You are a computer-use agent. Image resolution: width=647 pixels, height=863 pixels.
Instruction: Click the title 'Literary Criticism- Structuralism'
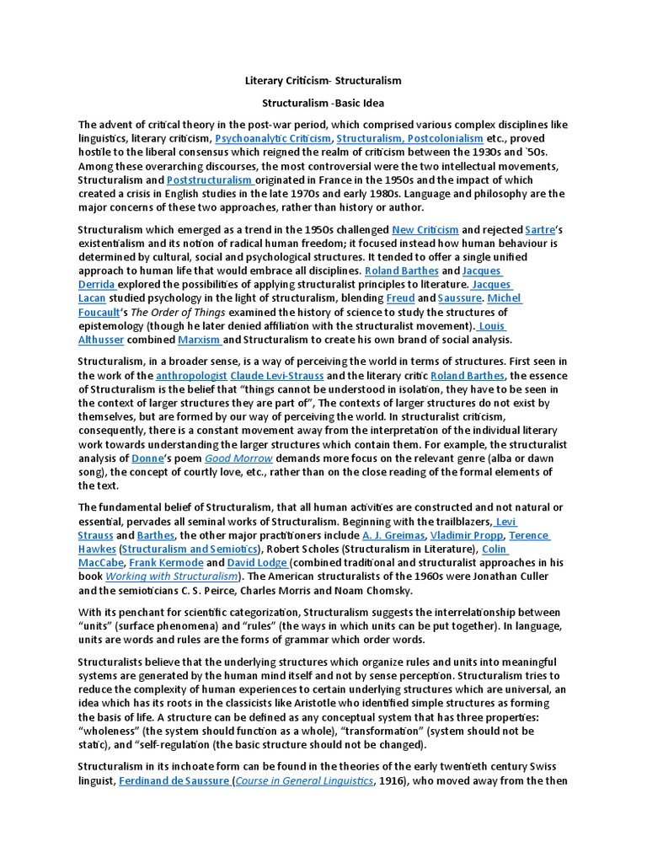pos(323,81)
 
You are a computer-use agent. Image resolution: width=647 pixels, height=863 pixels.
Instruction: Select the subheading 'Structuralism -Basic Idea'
pos(323,104)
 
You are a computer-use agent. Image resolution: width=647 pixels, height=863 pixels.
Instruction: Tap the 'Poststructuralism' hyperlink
pos(211,180)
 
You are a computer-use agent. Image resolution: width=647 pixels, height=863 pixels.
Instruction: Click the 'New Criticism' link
pos(425,229)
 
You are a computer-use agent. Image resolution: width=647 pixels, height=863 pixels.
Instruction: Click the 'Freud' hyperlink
pos(400,298)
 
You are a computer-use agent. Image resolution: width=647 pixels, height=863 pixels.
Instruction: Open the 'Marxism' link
pos(200,340)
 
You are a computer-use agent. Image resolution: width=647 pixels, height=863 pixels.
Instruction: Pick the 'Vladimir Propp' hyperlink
pos(468,535)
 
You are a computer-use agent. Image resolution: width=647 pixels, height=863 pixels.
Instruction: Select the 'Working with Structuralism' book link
pos(171,576)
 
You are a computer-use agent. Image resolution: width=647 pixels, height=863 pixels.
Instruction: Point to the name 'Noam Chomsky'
pos(374,590)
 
